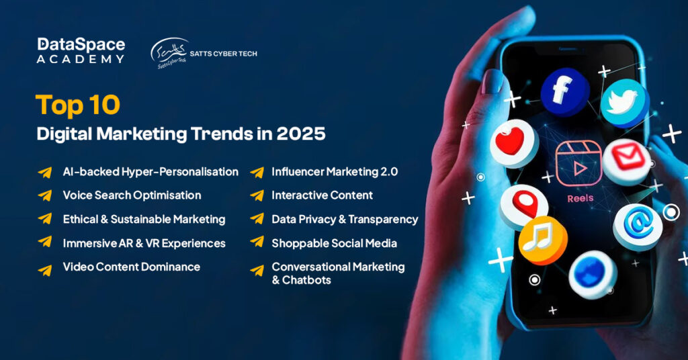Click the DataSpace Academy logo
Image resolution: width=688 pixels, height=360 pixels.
point(81,50)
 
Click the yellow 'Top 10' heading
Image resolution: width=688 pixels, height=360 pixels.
point(78,105)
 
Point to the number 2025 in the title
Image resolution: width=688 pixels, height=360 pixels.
point(301,134)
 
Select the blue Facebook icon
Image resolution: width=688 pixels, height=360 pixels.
point(564,91)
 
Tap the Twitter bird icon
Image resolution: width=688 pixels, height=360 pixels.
point(624,103)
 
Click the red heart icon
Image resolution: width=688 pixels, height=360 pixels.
point(514,143)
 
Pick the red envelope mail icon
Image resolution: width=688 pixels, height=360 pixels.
point(627,161)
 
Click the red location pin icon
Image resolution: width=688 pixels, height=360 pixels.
point(523,206)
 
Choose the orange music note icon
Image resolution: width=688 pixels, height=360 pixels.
point(543,240)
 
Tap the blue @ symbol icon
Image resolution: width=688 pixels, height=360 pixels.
point(638,226)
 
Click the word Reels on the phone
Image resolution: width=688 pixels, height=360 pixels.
point(580,199)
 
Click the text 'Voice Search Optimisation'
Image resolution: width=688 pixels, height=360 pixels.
point(132,195)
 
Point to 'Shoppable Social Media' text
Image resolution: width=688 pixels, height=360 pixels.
point(335,243)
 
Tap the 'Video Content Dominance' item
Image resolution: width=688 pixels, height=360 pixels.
point(132,267)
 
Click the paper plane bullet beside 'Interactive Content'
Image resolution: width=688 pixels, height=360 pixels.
point(257,195)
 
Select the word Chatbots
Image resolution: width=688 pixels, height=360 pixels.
point(306,280)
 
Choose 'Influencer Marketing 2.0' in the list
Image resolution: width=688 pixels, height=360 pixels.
point(335,172)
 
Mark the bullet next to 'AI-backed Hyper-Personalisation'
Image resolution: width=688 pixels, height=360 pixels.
point(45,172)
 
